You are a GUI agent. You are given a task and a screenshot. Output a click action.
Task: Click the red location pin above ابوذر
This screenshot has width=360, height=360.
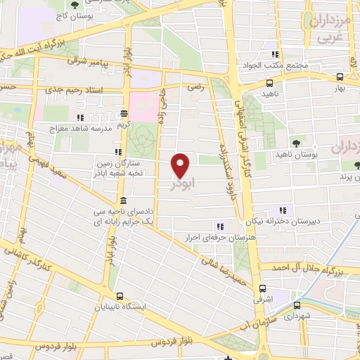[x=181, y=164]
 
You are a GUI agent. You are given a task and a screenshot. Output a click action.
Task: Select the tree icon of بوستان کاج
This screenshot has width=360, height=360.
[x=75, y=5]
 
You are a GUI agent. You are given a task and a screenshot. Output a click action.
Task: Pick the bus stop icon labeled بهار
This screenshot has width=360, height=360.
[x=340, y=77]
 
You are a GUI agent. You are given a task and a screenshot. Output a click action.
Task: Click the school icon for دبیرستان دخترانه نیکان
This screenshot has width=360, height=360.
[x=283, y=210]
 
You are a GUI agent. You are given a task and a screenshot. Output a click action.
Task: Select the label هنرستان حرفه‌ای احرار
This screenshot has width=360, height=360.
[x=219, y=237]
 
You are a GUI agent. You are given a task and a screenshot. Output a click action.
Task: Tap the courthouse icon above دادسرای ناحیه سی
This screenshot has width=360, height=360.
[x=123, y=199]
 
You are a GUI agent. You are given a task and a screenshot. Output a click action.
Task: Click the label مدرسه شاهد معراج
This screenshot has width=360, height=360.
[x=77, y=129]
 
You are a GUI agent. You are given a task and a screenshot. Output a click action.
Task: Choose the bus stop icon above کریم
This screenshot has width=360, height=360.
[x=124, y=112]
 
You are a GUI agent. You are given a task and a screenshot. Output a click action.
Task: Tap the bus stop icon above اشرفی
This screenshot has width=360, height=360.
[x=262, y=288]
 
